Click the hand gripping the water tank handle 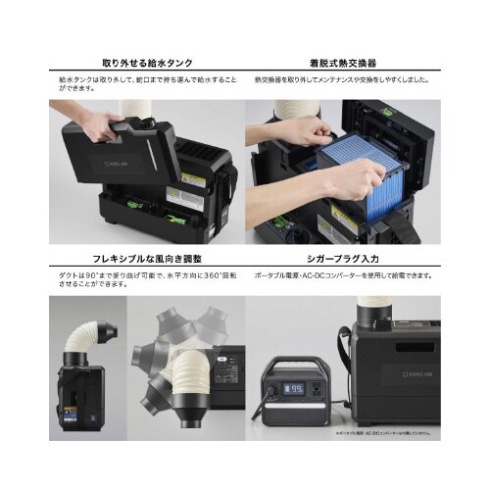point(98,126)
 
